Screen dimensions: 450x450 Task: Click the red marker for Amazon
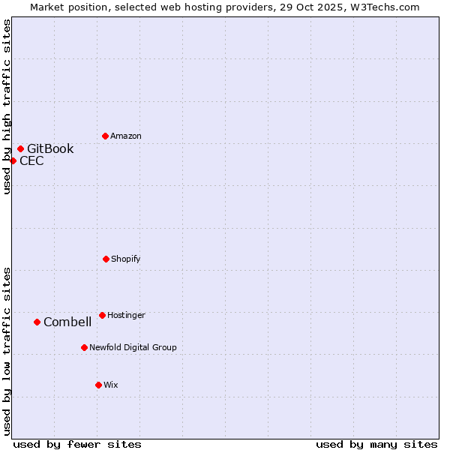[105, 136]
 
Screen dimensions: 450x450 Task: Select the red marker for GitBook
[20, 148]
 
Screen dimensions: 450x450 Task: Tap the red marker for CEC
[13, 160]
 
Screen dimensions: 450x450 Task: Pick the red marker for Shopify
[106, 259]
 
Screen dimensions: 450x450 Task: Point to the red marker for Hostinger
[102, 315]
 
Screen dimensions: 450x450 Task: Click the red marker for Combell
[37, 322]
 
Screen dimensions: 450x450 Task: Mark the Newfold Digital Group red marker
[84, 347]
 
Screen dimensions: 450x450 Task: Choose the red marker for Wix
[98, 385]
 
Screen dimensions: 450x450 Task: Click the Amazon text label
[126, 136]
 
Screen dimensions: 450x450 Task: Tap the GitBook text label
[50, 148]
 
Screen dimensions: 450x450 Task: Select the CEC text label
[31, 160]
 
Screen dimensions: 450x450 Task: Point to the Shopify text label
[126, 259]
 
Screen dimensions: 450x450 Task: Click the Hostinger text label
[126, 315]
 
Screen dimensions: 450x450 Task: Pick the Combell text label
[67, 322]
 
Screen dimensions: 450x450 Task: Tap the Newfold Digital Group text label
[133, 347]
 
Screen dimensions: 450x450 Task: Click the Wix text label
[111, 385]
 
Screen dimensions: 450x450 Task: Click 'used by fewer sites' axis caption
[77, 444]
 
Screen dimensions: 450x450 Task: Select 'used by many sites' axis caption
[376, 444]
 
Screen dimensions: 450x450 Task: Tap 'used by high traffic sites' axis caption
[7, 106]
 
